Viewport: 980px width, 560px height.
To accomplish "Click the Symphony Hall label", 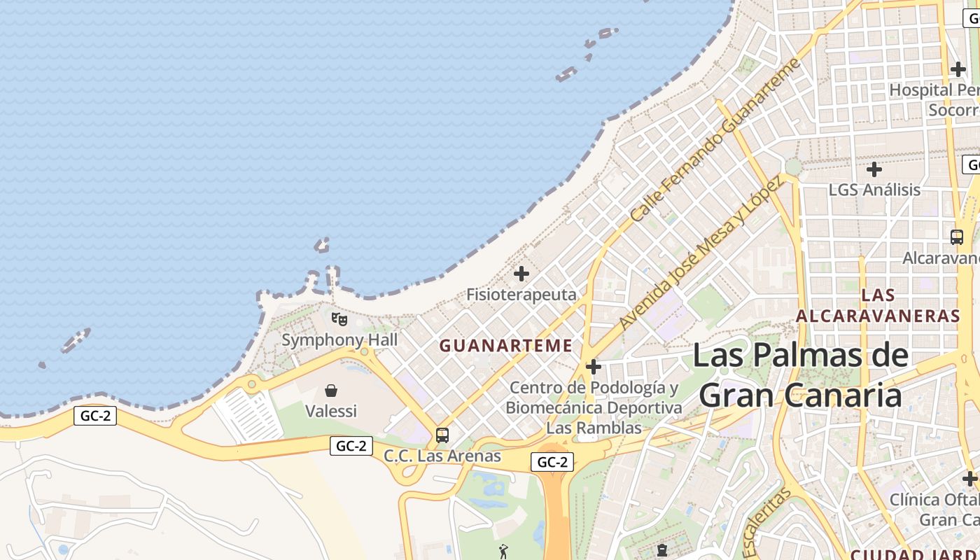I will pyautogui.click(x=339, y=340).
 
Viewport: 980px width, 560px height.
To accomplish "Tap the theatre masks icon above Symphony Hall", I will pyautogui.click(x=339, y=319).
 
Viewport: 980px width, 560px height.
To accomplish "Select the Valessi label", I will pyautogui.click(x=331, y=411).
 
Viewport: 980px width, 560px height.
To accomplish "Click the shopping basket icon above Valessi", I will pyautogui.click(x=331, y=390).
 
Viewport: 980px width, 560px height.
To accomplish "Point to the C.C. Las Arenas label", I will pyautogui.click(x=442, y=456).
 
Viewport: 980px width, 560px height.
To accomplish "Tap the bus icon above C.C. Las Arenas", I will pyautogui.click(x=442, y=435).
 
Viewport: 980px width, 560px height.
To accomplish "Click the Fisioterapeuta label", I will pyautogui.click(x=521, y=295).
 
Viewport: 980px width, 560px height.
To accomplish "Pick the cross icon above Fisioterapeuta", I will pyautogui.click(x=521, y=274).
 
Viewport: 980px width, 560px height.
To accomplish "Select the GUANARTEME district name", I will pyautogui.click(x=505, y=346).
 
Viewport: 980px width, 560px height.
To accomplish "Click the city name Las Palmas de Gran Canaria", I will pyautogui.click(x=801, y=375).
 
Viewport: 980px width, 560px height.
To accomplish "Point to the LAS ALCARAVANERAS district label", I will pyautogui.click(x=878, y=305).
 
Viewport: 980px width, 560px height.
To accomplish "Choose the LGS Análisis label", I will pyautogui.click(x=874, y=190).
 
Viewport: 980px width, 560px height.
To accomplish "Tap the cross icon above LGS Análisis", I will pyautogui.click(x=874, y=169).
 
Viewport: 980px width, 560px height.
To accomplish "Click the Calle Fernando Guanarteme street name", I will pyautogui.click(x=715, y=140).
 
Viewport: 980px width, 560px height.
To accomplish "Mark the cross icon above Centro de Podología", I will pyautogui.click(x=594, y=367).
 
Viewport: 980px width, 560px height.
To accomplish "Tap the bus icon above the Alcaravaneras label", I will pyautogui.click(x=957, y=237).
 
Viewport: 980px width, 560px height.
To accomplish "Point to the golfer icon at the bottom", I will pyautogui.click(x=503, y=552).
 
